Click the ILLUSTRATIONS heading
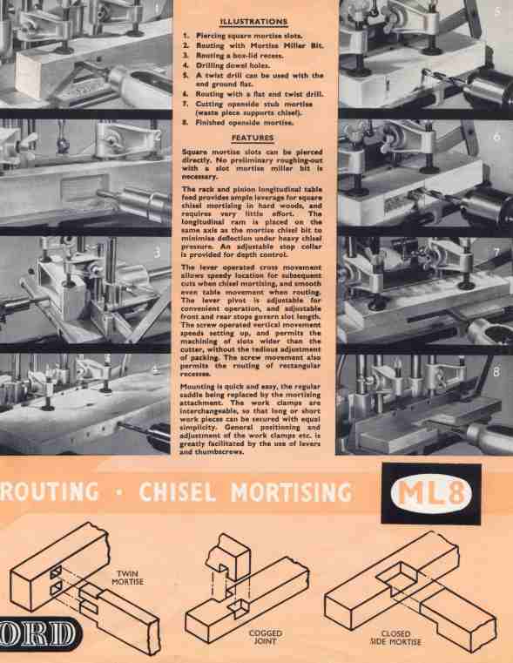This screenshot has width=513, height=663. pyautogui.click(x=253, y=22)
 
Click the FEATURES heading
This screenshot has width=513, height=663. pyautogui.click(x=253, y=138)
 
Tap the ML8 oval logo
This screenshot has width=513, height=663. pyautogui.click(x=430, y=493)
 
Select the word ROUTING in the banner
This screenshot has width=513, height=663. pyautogui.click(x=49, y=492)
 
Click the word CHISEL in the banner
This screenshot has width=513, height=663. pyautogui.click(x=178, y=492)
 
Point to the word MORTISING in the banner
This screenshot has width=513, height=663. pyautogui.click(x=291, y=492)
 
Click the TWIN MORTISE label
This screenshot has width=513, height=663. pyautogui.click(x=128, y=578)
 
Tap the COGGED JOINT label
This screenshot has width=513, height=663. pyautogui.click(x=266, y=637)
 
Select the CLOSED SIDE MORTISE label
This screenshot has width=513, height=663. pyautogui.click(x=395, y=638)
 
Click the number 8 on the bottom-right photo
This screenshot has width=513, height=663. pyautogui.click(x=496, y=372)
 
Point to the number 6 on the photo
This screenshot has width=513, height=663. pyautogui.click(x=497, y=137)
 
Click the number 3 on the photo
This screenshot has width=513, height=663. pyautogui.click(x=157, y=253)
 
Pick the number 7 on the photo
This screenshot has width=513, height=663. pyautogui.click(x=496, y=253)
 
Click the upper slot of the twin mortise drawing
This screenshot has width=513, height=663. pyautogui.click(x=57, y=573)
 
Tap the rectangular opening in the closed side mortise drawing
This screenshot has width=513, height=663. pyautogui.click(x=396, y=578)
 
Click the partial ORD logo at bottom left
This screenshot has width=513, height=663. pyautogui.click(x=39, y=635)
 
